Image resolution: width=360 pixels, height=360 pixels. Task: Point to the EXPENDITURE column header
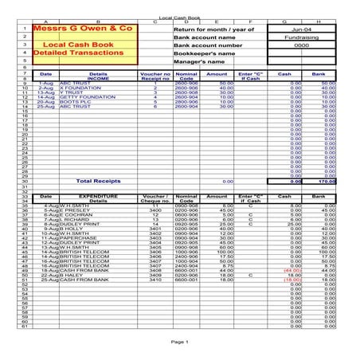point(100,195)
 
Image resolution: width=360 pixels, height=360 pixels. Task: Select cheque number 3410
point(158,280)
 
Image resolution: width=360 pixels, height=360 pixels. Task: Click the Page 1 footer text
point(180,341)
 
